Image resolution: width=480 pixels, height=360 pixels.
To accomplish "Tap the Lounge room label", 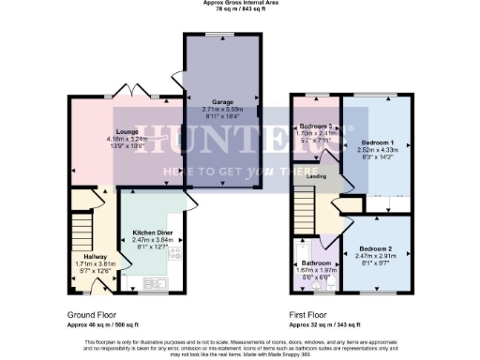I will tap(127, 131).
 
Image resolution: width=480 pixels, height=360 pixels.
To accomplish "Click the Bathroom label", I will tap(315, 263).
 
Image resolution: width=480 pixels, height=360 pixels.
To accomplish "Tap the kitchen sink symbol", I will tap(155, 280).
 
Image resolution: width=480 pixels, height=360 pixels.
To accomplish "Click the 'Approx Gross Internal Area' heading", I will tap(240, 4).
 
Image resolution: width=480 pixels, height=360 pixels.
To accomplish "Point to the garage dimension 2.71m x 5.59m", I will tap(222, 110).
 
